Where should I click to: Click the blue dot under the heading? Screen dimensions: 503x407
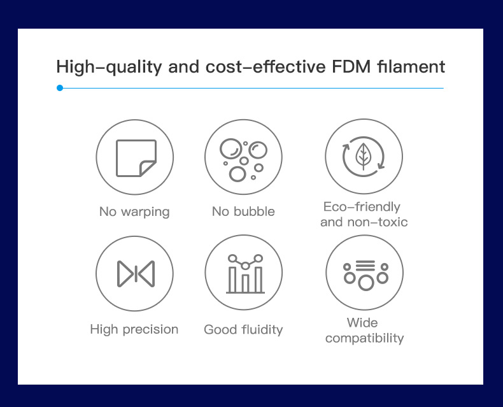[60, 88]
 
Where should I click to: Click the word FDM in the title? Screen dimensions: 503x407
[351, 67]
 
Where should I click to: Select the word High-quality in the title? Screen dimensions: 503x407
[109, 68]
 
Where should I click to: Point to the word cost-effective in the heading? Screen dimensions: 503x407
[266, 67]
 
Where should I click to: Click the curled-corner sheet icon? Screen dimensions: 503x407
[136, 158]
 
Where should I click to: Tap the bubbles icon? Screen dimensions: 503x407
[243, 160]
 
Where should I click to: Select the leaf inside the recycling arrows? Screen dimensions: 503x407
[363, 156]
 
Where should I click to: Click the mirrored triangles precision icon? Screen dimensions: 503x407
[136, 274]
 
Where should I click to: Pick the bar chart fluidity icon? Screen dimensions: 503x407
[245, 273]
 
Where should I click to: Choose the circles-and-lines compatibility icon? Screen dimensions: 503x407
[365, 275]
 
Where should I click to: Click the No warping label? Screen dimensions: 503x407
[134, 212]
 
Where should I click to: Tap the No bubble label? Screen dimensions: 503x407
[243, 211]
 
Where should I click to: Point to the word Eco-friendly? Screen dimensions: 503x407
[362, 207]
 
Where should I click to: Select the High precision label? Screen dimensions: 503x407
[134, 329]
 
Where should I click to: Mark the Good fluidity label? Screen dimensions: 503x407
[243, 330]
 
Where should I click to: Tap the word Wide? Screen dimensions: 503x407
[362, 322]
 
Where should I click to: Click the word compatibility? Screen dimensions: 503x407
[364, 338]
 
